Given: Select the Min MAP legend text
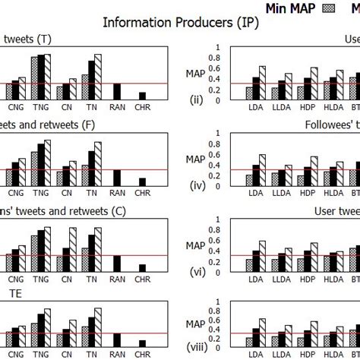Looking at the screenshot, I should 292,7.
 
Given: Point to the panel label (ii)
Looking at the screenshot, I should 194,99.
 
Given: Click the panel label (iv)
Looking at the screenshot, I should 194,183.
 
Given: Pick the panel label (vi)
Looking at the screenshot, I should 194,268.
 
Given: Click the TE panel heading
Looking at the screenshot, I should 15,292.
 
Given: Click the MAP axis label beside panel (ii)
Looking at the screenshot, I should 196,73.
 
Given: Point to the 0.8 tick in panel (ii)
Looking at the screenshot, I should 219,57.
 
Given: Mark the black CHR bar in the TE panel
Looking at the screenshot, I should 142,343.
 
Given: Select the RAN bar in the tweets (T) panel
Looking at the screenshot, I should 116,91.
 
